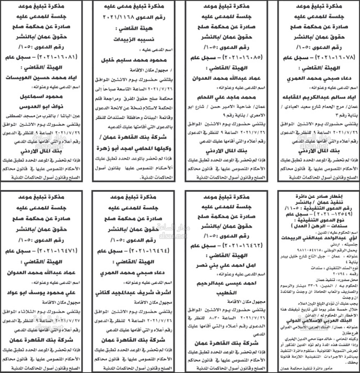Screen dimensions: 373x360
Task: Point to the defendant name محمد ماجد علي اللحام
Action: coord(226,97)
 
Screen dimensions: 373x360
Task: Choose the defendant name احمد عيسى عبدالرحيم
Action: coord(226,293)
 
